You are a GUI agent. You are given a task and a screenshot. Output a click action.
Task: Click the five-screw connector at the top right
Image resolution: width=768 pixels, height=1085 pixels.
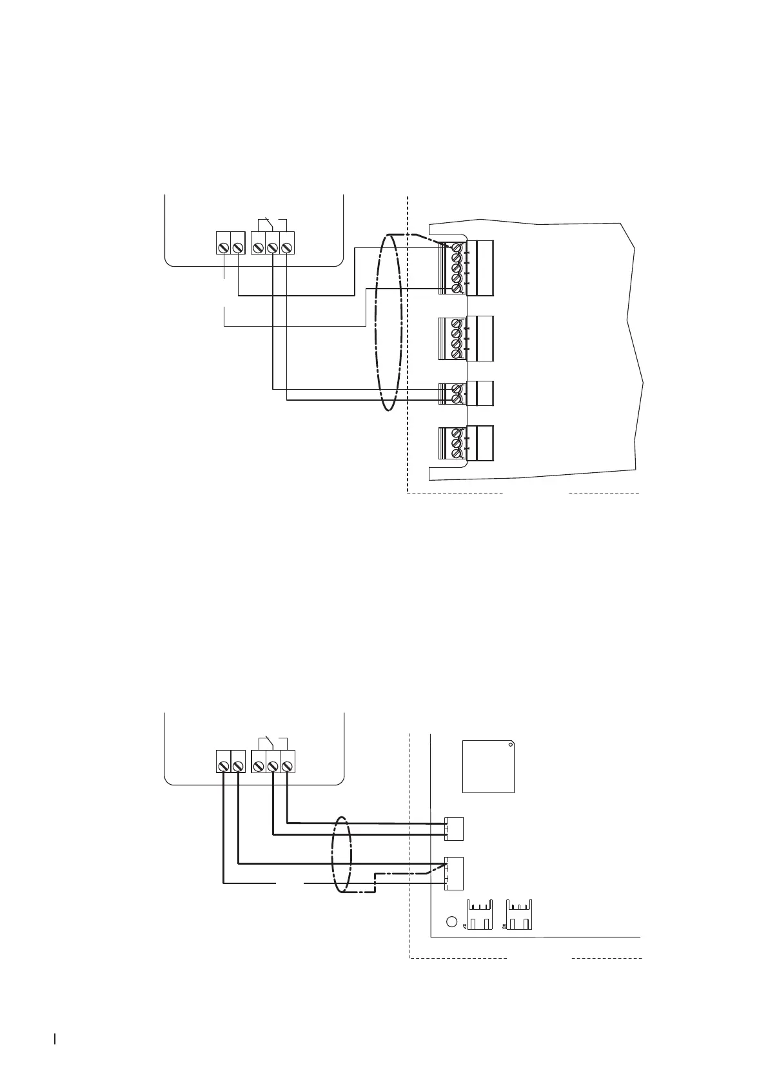pyautogui.click(x=466, y=267)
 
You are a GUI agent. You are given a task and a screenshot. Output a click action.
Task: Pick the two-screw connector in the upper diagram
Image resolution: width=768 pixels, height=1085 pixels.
pyautogui.click(x=466, y=394)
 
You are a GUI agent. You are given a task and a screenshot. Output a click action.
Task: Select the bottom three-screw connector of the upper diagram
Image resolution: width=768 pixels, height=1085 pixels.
pyautogui.click(x=466, y=443)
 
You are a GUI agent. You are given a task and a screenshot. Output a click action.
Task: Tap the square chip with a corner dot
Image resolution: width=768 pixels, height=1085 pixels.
pyautogui.click(x=489, y=766)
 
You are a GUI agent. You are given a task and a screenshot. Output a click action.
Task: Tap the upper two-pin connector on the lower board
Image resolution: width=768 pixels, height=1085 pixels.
pyautogui.click(x=454, y=828)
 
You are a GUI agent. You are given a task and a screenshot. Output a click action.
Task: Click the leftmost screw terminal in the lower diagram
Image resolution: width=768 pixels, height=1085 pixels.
pyautogui.click(x=223, y=766)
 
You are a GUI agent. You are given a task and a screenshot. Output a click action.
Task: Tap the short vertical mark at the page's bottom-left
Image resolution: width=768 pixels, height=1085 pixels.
pyautogui.click(x=55, y=1039)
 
